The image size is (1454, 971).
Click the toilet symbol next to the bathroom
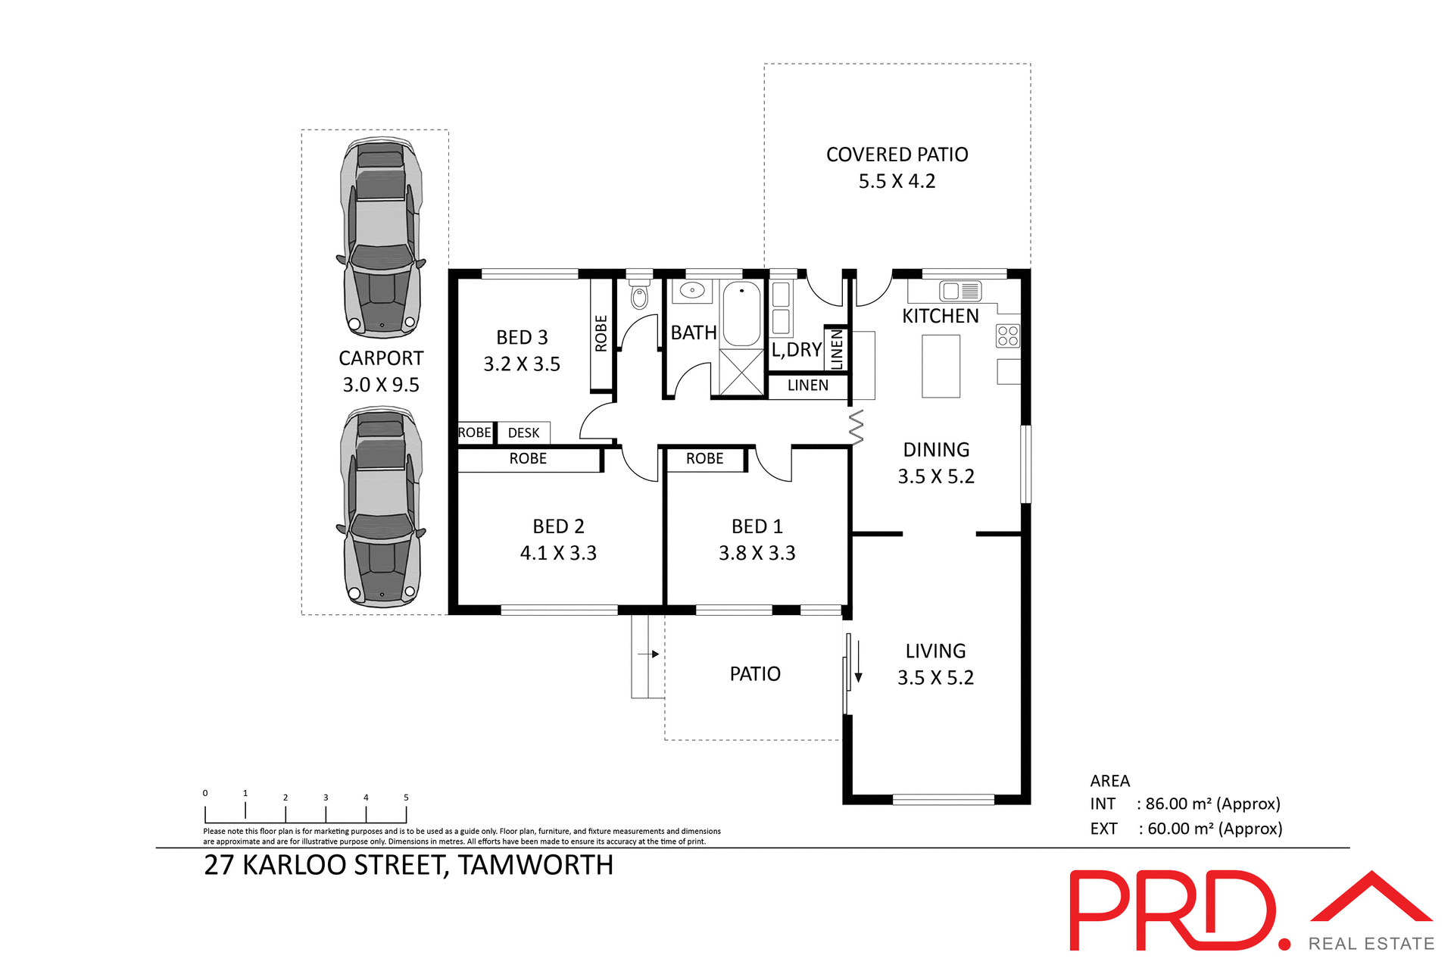click(x=640, y=297)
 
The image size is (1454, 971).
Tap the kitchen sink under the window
click(x=960, y=291)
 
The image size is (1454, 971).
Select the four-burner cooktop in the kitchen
click(x=1007, y=336)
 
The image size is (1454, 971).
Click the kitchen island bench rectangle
click(x=941, y=367)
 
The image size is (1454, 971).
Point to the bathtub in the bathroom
click(x=741, y=314)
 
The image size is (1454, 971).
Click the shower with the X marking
click(x=741, y=372)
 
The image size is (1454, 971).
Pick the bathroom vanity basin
click(x=692, y=290)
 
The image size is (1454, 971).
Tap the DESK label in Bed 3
click(x=523, y=433)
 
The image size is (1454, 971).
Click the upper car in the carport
click(x=381, y=237)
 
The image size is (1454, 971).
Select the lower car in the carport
click(x=381, y=507)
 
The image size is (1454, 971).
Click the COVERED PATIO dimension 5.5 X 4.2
click(x=897, y=182)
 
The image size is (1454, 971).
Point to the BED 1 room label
click(x=757, y=526)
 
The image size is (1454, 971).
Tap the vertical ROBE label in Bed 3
click(x=601, y=333)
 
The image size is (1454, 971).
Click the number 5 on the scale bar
click(x=406, y=798)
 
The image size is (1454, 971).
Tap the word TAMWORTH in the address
click(x=535, y=865)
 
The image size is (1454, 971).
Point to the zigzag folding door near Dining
click(x=856, y=426)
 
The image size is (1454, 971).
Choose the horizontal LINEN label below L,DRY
click(x=807, y=386)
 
